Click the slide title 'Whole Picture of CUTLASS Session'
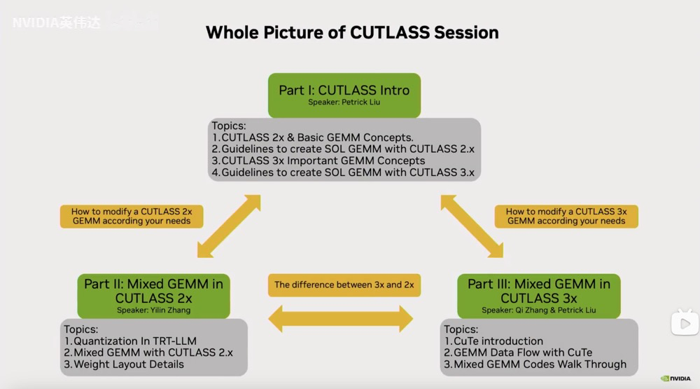(x=352, y=33)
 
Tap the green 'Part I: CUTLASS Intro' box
(x=344, y=95)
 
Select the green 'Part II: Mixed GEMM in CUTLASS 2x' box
(x=153, y=296)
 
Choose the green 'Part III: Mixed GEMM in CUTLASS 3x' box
(x=539, y=296)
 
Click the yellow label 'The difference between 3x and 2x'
(x=344, y=285)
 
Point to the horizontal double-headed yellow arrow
(x=341, y=319)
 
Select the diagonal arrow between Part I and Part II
(x=229, y=226)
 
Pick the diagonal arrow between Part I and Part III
(x=472, y=226)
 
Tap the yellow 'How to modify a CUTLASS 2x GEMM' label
(x=132, y=217)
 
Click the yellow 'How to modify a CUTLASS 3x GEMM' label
(x=566, y=217)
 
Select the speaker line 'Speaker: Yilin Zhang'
(x=153, y=310)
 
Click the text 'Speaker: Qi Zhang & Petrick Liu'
(x=539, y=310)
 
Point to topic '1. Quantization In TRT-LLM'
(x=130, y=341)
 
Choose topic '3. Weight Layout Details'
(x=124, y=364)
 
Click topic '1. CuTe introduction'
(x=493, y=341)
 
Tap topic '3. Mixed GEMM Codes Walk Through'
(x=535, y=364)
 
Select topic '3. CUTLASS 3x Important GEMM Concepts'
(x=318, y=161)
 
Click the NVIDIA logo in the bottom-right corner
(x=675, y=378)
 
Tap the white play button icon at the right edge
(x=685, y=322)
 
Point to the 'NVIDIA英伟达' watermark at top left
(x=56, y=22)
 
